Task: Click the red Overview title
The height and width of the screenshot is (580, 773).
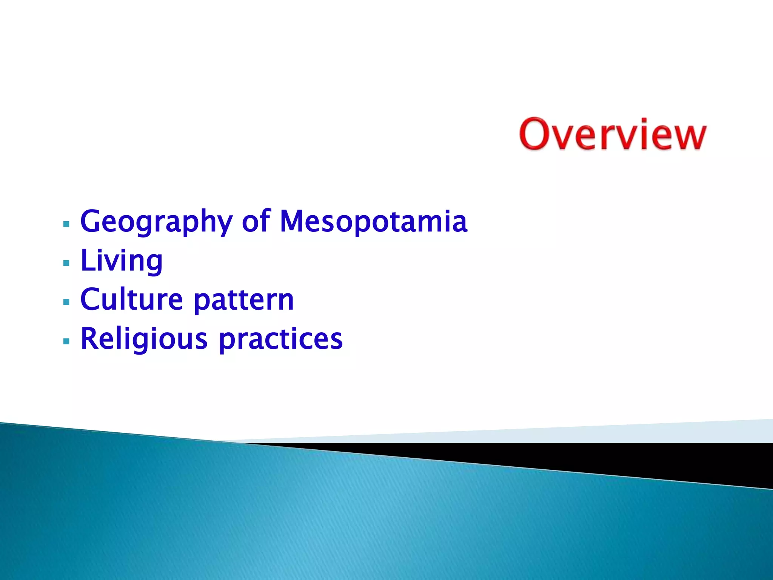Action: (x=612, y=134)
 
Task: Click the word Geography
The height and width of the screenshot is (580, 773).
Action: (x=156, y=222)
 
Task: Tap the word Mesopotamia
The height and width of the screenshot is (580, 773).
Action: (x=373, y=222)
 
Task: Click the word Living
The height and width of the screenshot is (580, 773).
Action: (x=122, y=261)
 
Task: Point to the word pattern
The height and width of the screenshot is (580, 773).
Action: (x=243, y=301)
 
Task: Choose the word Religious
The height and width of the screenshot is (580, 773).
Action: (x=144, y=339)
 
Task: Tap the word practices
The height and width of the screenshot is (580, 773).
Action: (x=280, y=340)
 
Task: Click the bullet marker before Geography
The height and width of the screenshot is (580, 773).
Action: (x=66, y=224)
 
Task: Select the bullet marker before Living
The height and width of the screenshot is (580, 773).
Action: (x=66, y=263)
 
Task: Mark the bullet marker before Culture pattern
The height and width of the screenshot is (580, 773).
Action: (x=66, y=302)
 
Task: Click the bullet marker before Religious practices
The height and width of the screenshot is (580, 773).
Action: (x=66, y=341)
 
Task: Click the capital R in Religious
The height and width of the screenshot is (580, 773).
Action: (x=91, y=339)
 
